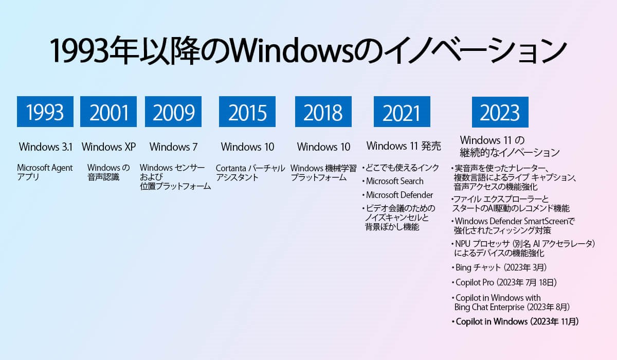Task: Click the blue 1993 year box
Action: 45,112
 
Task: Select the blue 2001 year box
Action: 108,112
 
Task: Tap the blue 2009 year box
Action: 173,112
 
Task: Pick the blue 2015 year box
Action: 247,112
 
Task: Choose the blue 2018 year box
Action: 323,112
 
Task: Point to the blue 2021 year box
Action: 402,112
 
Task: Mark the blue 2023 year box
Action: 500,112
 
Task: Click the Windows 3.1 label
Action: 46,147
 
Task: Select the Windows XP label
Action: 108,147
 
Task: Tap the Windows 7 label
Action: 174,147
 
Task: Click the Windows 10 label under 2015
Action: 248,147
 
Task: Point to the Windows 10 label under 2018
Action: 323,147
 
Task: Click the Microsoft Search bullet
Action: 393,181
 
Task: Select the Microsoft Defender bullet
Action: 397,195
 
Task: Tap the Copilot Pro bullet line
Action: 504,282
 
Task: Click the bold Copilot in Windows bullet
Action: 515,321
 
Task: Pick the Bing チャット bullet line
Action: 499,267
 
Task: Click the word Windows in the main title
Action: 292,51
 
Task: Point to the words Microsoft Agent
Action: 45,168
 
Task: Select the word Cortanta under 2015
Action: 231,168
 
